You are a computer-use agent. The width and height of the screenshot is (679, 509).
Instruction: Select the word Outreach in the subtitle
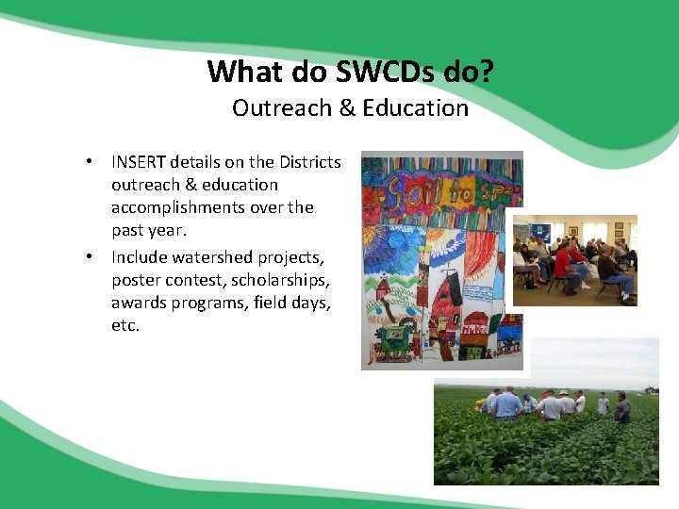[277, 108]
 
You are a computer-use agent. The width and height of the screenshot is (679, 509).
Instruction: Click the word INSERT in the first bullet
[139, 162]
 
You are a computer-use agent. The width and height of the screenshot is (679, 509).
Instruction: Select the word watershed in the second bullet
[207, 257]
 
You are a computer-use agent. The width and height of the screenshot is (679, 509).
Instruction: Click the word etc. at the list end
[125, 325]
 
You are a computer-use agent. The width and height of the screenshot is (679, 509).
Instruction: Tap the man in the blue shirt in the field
[506, 403]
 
